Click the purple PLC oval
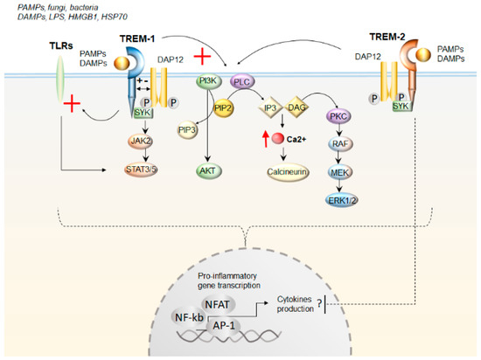click(x=242, y=80)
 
